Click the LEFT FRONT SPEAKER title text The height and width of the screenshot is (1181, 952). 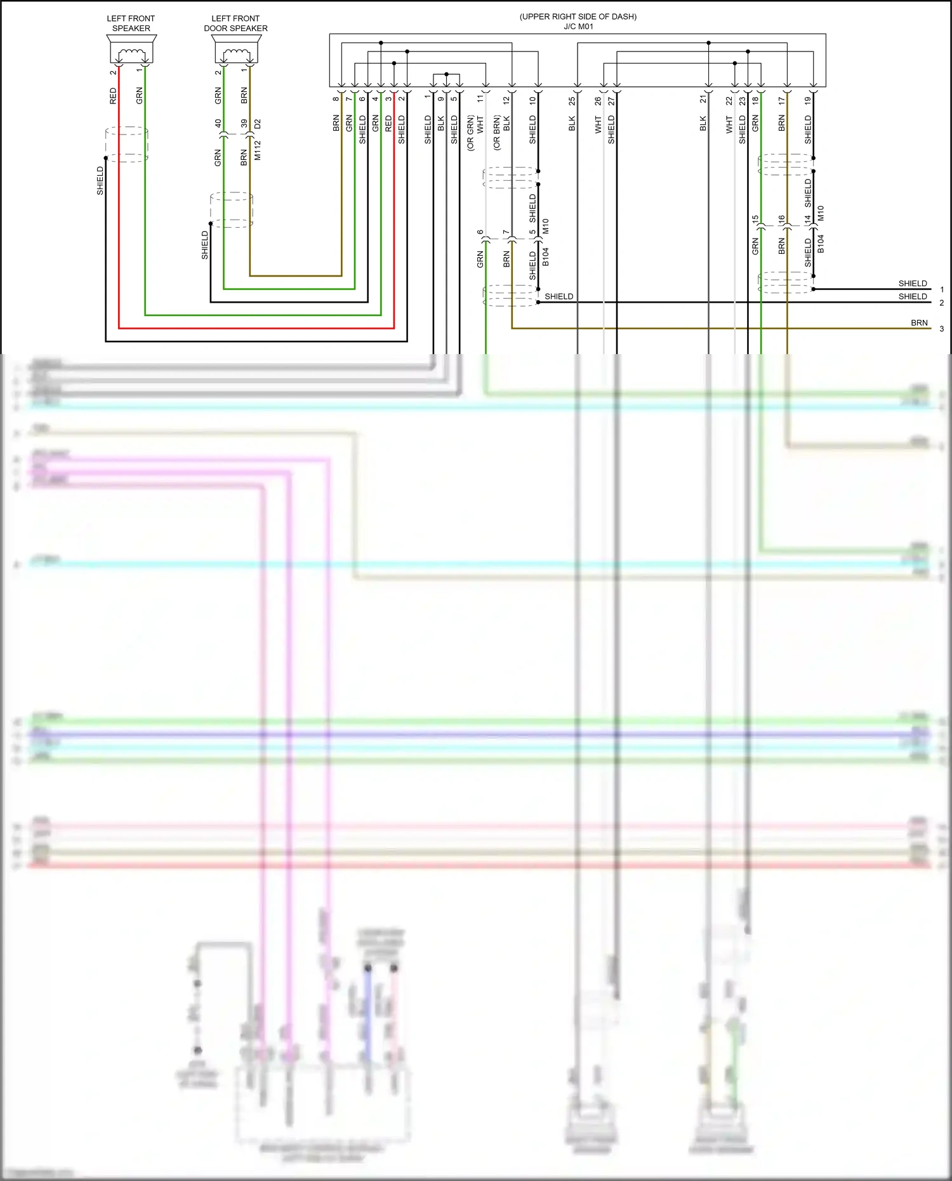pos(131,23)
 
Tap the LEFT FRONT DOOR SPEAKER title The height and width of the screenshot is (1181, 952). pos(235,23)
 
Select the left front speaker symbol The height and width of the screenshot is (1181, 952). pos(131,50)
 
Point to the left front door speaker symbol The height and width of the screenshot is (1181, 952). pos(236,50)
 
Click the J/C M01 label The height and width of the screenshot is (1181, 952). pos(578,27)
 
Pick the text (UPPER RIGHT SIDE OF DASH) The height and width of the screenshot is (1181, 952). pos(578,16)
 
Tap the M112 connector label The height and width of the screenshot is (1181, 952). pos(258,150)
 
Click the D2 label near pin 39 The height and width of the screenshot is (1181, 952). pos(258,124)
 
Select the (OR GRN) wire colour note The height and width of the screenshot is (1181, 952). pos(471,133)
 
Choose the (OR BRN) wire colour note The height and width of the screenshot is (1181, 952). pos(497,133)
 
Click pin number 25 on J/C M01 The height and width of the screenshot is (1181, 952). pos(572,100)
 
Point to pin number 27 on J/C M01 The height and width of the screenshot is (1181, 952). pos(611,100)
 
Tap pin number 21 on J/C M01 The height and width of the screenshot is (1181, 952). pos(703,100)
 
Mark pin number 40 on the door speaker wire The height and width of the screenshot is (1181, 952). pos(218,124)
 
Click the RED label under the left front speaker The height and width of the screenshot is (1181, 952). pos(114,96)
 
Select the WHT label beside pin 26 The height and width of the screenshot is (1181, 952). pos(598,124)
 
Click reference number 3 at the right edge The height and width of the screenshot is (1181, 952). pos(942,329)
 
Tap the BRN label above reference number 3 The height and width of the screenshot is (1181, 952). pos(919,323)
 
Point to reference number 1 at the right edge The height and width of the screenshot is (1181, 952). pos(942,289)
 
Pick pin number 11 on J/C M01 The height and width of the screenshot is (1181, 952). pos(480,99)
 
